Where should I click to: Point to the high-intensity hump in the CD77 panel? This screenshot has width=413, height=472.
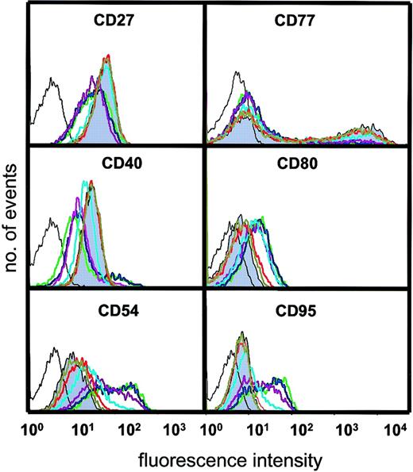[x=361, y=131]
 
